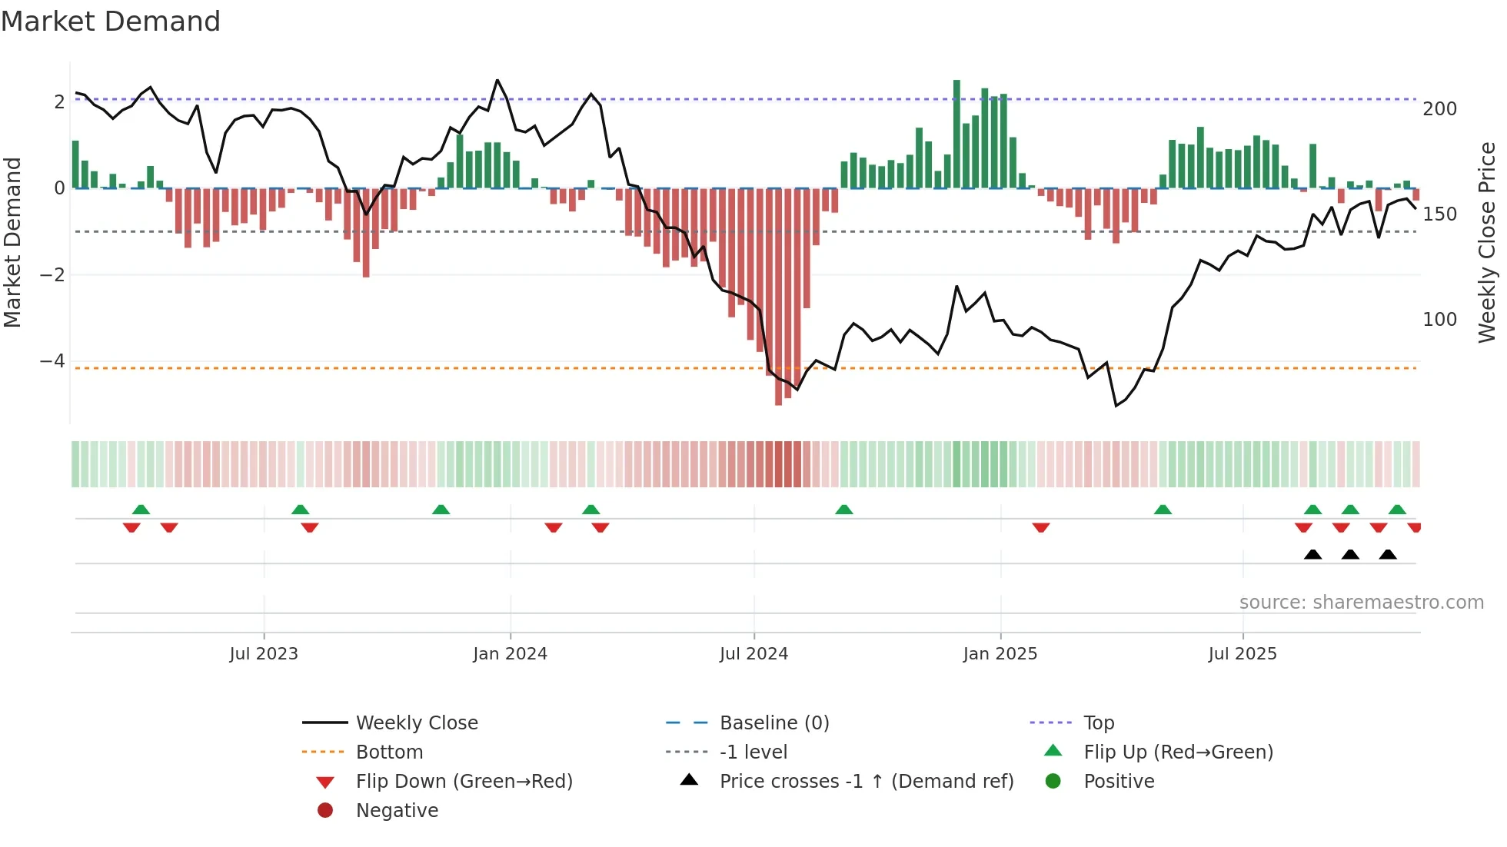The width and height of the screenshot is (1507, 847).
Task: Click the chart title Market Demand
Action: tap(111, 22)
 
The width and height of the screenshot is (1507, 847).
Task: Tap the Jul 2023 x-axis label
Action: tap(264, 654)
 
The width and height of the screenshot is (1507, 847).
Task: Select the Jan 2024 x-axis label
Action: tap(510, 654)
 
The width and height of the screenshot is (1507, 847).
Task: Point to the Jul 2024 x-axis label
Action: tap(753, 654)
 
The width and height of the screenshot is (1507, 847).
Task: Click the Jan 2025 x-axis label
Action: tap(1000, 654)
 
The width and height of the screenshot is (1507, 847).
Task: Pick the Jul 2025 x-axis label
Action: tap(1243, 654)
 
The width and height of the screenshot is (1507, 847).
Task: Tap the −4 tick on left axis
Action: tap(52, 361)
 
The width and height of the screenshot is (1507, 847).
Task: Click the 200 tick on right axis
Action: tap(1439, 109)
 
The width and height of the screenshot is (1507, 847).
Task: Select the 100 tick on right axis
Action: tap(1439, 320)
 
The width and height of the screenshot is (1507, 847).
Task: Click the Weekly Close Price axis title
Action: tap(1487, 242)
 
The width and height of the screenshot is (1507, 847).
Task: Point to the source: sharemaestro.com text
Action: tap(1361, 603)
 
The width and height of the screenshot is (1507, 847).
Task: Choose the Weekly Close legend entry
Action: tap(417, 723)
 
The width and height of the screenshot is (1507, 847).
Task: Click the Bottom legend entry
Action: tap(389, 752)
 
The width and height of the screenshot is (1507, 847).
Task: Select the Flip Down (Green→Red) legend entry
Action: tap(464, 782)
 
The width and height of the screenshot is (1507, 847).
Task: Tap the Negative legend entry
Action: tap(397, 811)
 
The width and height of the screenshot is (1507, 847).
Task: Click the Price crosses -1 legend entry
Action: tap(867, 782)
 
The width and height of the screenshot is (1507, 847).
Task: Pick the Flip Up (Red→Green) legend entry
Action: tap(1178, 752)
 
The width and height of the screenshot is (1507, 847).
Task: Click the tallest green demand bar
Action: tap(956, 135)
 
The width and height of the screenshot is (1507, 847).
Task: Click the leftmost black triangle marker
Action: tap(1312, 554)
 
